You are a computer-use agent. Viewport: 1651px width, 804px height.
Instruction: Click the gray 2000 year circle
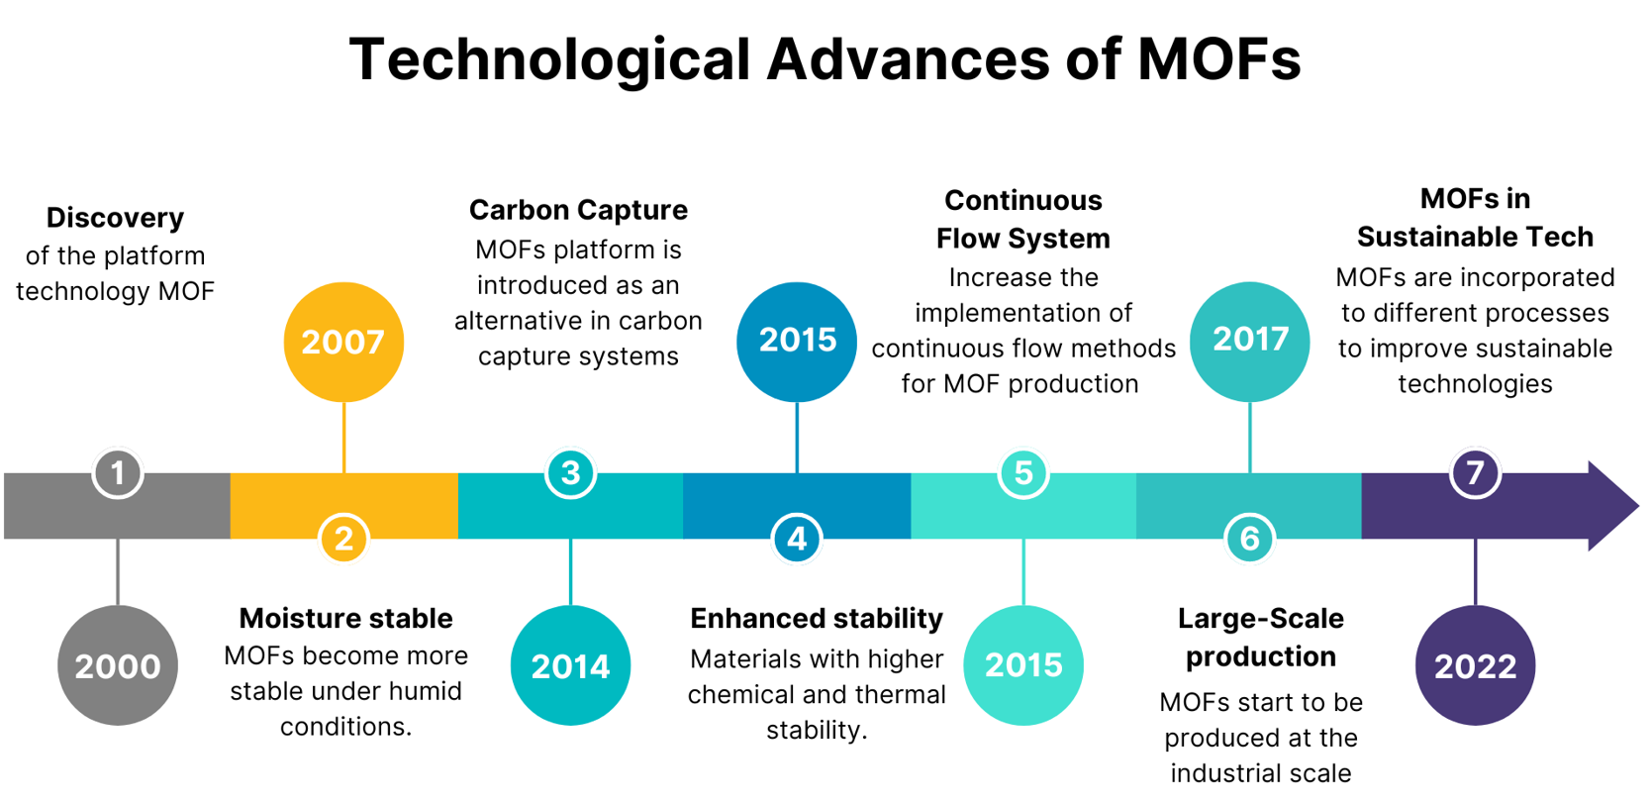(118, 665)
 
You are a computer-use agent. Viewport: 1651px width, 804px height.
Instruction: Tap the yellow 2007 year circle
(343, 342)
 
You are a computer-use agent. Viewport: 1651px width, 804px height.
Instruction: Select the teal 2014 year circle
(570, 665)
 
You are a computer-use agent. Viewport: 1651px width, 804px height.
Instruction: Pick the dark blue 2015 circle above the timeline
(797, 342)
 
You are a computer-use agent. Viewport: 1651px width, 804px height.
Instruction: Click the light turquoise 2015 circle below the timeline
(1023, 665)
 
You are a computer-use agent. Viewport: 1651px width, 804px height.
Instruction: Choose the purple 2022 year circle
(1475, 665)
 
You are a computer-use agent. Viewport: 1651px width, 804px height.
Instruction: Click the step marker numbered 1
(118, 473)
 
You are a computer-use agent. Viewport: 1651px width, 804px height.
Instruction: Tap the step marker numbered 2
(343, 539)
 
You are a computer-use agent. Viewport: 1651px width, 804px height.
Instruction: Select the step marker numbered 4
(797, 539)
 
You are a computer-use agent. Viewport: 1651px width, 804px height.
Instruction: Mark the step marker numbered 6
(1249, 539)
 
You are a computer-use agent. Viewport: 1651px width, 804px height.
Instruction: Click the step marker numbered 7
(1475, 473)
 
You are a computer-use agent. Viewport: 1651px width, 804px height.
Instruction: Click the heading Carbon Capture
(578, 210)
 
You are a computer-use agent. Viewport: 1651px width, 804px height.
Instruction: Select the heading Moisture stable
(345, 618)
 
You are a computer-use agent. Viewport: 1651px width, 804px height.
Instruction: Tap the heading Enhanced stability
(817, 618)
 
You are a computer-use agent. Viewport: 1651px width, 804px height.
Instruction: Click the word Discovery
(115, 218)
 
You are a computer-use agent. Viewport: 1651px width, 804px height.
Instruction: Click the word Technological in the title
(550, 58)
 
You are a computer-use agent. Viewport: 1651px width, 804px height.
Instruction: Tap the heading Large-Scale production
(1260, 637)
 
